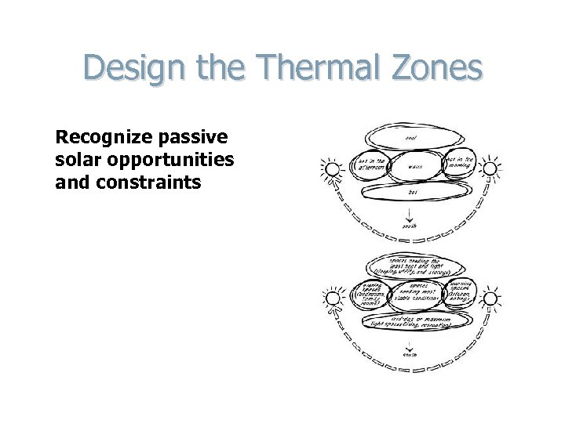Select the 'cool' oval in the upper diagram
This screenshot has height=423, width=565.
(x=410, y=139)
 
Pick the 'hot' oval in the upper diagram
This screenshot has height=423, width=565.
(x=412, y=190)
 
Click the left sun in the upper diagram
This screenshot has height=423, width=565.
(x=332, y=169)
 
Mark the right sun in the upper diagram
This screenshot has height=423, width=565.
(x=490, y=168)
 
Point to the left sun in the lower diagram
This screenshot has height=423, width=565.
(x=332, y=298)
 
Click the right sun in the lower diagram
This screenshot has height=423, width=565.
(x=490, y=298)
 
